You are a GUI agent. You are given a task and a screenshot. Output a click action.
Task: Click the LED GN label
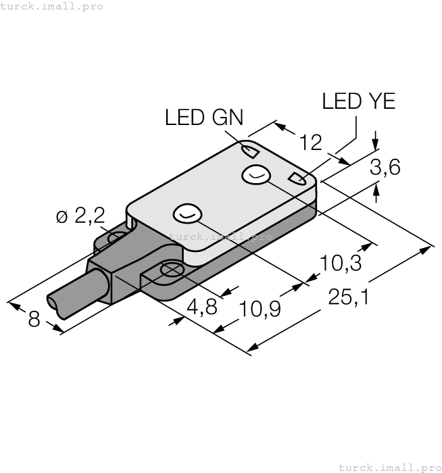coord(204,118)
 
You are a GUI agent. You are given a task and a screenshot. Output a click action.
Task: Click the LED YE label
coord(358,101)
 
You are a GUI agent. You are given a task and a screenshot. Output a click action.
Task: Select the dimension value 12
coord(311,142)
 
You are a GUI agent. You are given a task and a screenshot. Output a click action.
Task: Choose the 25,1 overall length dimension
coord(348,296)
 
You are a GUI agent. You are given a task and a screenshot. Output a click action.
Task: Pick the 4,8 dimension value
coord(201,308)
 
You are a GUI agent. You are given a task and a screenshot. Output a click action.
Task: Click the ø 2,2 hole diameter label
coord(80,216)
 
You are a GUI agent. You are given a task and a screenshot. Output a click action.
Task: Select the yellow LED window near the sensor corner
coord(296,179)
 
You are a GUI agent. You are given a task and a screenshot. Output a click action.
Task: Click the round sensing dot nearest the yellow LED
coord(255,175)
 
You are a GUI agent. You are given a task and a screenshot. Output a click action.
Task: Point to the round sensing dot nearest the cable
coord(187,214)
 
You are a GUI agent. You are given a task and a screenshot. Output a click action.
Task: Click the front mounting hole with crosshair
coord(169,270)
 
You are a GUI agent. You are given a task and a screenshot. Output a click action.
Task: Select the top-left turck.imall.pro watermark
coord(52,6)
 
